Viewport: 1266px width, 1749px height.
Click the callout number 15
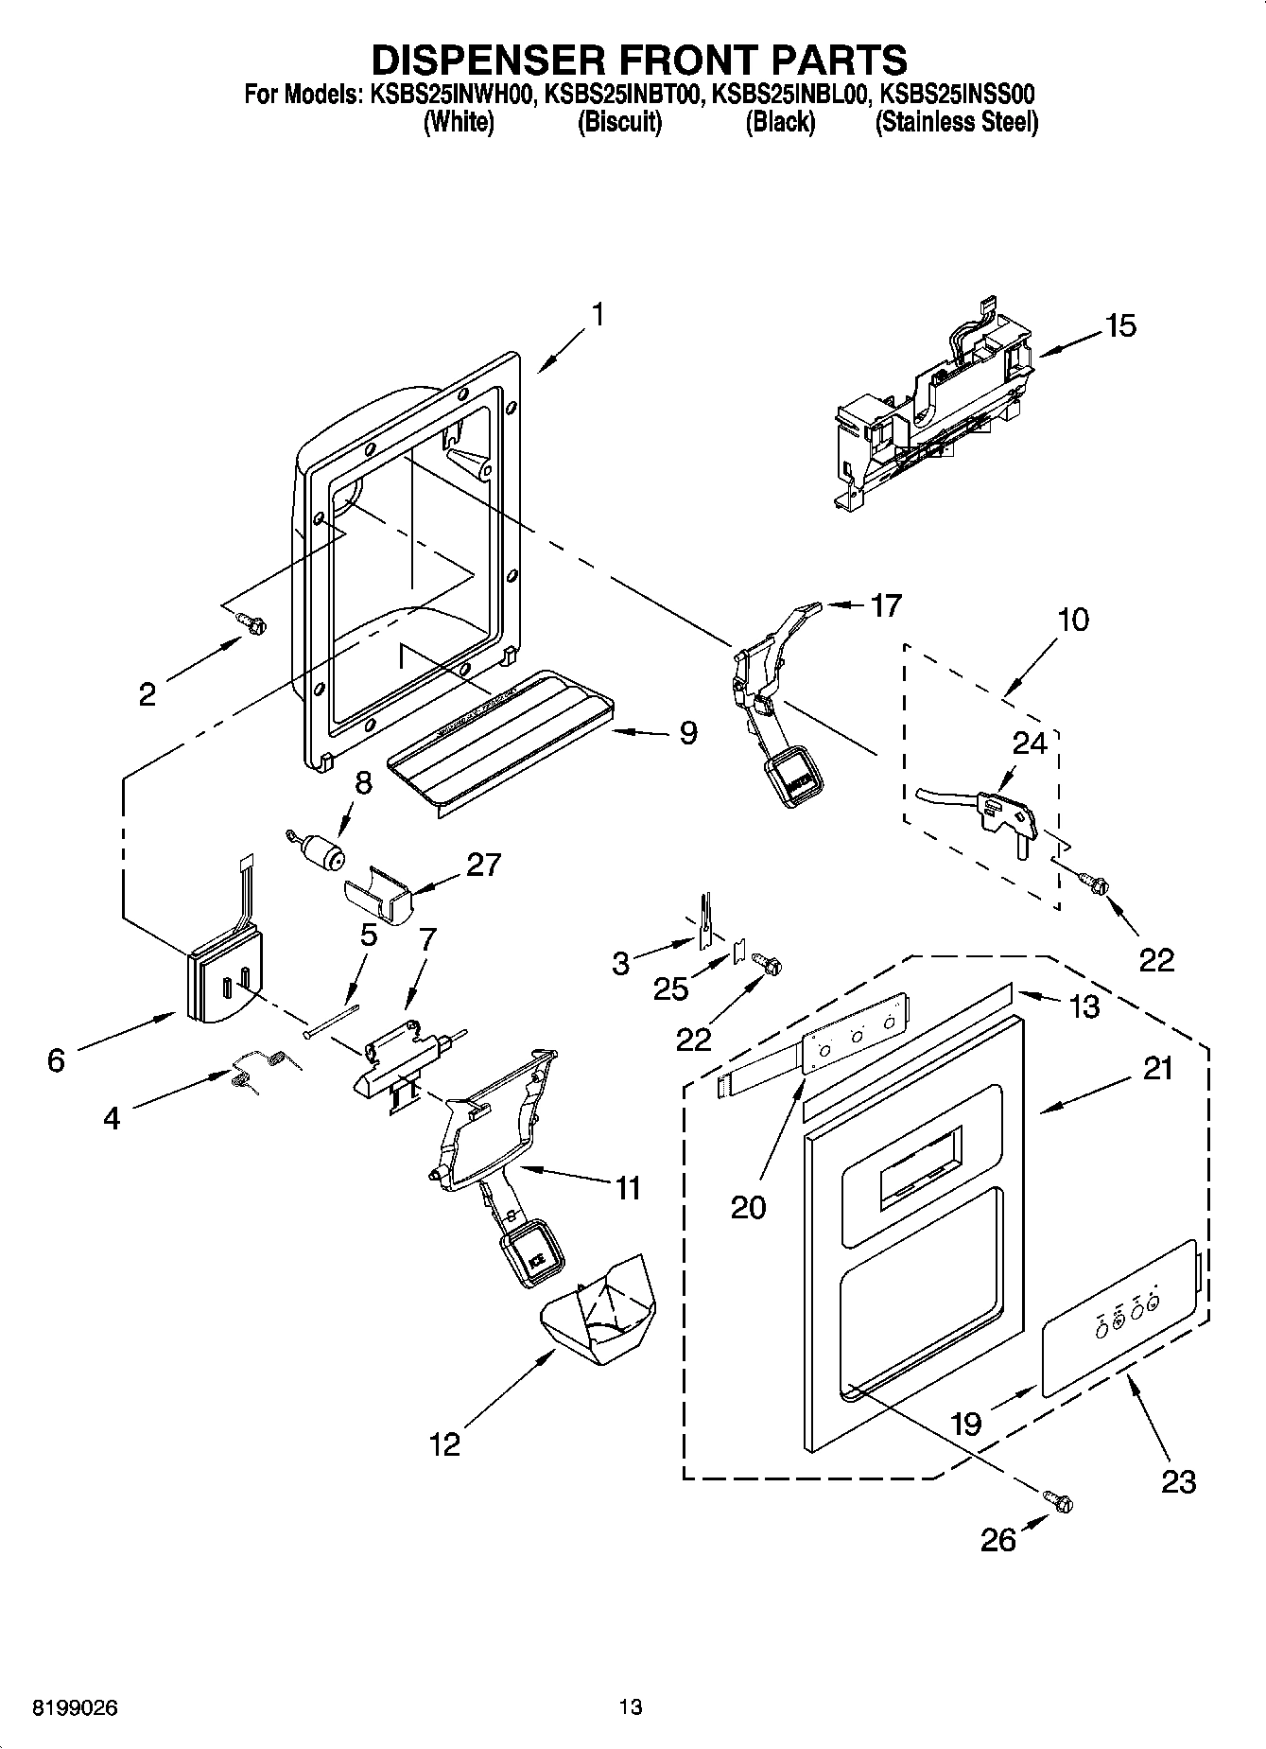1120,326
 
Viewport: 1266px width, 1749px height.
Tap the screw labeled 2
253,622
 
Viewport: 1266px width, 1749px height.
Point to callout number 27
483,865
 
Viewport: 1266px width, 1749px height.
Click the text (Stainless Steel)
957,122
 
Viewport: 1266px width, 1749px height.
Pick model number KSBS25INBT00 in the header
624,95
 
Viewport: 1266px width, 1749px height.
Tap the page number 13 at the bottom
631,1707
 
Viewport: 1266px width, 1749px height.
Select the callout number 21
1157,1069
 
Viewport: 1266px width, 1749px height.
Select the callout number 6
56,1060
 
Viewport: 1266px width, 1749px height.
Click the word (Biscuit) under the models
619,122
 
